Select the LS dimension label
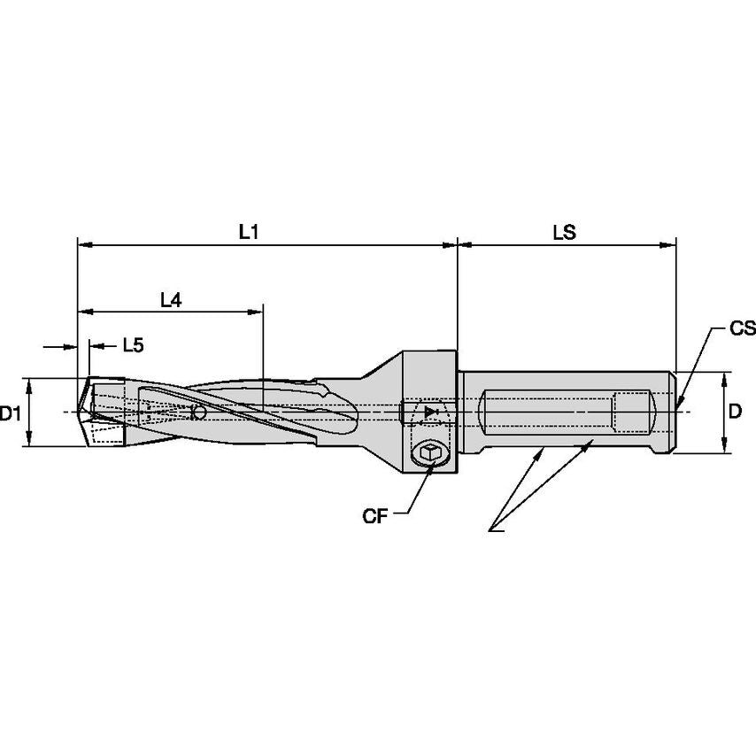(x=564, y=232)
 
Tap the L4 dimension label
(x=171, y=300)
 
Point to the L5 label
(x=132, y=345)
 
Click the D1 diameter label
(x=11, y=413)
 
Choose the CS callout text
(x=742, y=329)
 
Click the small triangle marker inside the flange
(x=431, y=413)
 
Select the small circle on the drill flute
(x=199, y=413)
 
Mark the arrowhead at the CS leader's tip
(x=679, y=405)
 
